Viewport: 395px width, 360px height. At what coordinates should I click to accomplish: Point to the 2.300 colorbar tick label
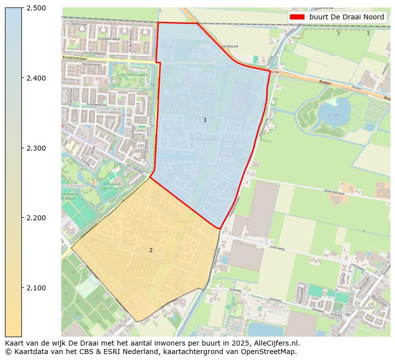35,148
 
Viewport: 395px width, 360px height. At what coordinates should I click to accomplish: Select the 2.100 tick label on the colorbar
35,288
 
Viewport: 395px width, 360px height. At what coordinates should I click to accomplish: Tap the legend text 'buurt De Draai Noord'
347,17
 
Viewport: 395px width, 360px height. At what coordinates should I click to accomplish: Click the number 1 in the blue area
205,120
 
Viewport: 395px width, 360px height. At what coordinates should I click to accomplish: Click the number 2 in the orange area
151,250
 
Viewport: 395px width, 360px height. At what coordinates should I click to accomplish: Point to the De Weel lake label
333,114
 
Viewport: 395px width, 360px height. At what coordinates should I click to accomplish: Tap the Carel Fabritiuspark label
132,75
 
